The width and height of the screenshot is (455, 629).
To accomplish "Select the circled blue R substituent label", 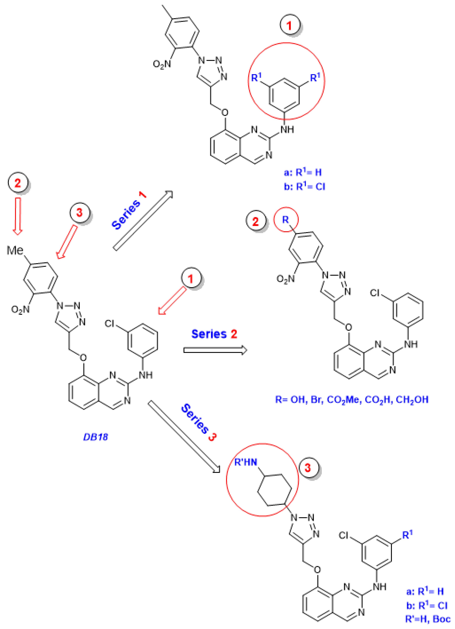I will tap(285, 220).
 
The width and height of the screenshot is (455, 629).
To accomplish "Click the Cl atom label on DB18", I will tap(109, 323).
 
